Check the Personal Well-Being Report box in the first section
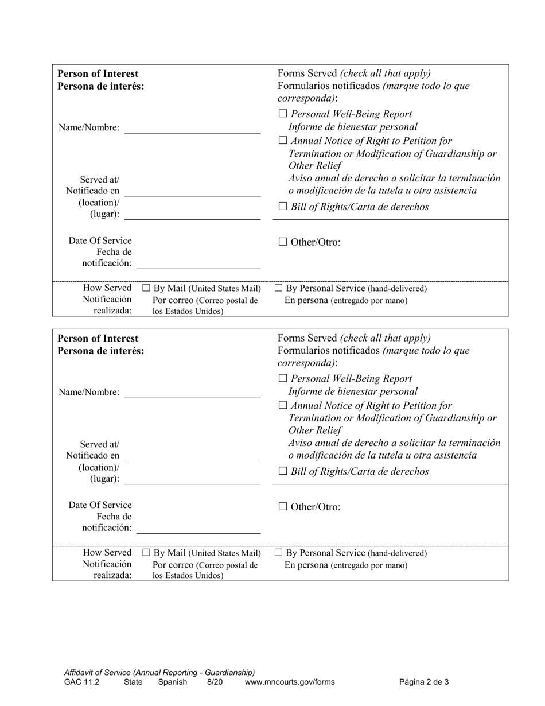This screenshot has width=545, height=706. [283, 114]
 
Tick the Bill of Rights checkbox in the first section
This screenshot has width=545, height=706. [283, 207]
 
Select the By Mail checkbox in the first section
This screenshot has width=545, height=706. [146, 288]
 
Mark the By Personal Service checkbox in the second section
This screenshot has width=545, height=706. [279, 553]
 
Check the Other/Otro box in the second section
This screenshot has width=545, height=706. [283, 507]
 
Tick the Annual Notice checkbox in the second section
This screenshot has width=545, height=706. [283, 406]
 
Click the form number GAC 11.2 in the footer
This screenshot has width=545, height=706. [81, 682]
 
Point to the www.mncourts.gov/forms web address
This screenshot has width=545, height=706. [290, 682]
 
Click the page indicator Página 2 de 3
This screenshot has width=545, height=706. [424, 682]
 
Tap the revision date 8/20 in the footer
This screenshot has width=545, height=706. [215, 682]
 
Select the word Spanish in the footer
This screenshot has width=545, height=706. [173, 682]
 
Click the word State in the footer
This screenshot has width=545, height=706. [133, 682]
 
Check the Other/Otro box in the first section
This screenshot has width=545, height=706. [283, 242]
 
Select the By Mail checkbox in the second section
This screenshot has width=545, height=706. [146, 553]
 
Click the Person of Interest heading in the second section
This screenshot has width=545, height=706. [98, 339]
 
